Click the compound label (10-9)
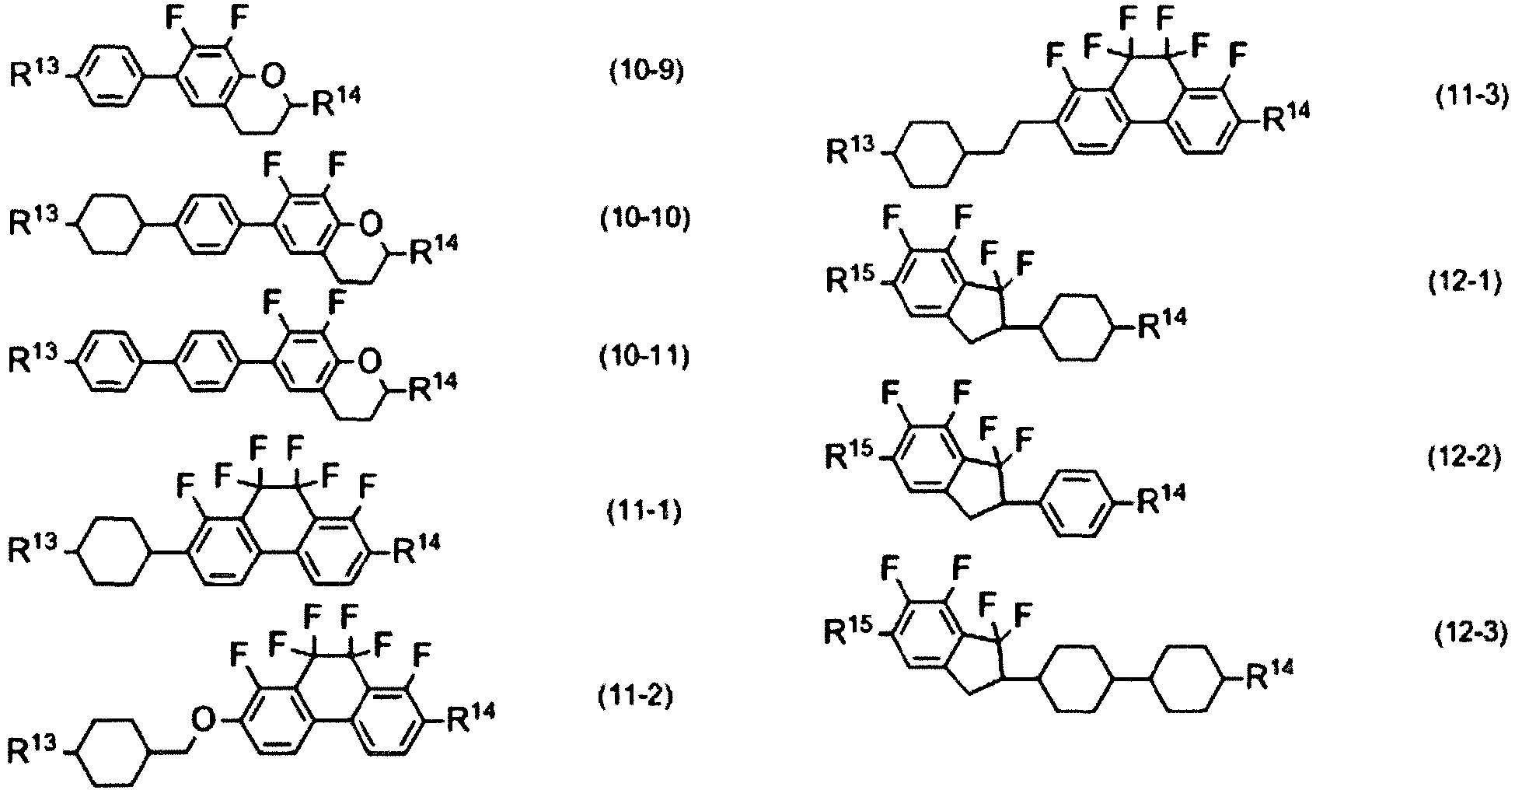pyautogui.click(x=644, y=73)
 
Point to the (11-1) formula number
pyautogui.click(x=643, y=512)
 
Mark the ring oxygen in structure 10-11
pyautogui.click(x=372, y=361)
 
